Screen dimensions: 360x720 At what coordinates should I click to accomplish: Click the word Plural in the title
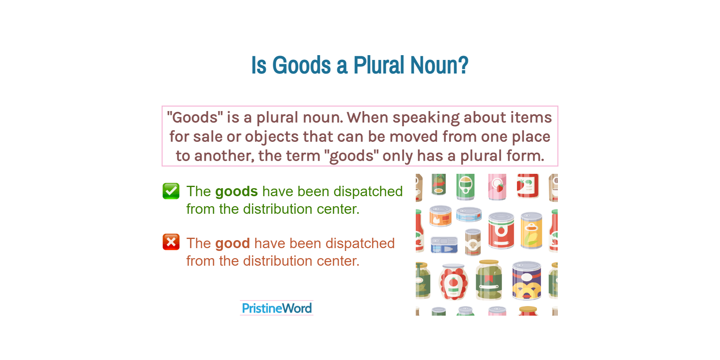(x=379, y=65)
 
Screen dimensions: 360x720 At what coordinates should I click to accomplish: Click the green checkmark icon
(x=171, y=191)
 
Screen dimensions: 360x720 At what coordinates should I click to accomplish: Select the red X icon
(x=171, y=242)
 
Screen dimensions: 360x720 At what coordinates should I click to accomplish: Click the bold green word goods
(x=236, y=191)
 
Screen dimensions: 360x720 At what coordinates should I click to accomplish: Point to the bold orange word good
(x=232, y=243)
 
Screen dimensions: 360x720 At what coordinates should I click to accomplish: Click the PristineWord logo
(x=277, y=308)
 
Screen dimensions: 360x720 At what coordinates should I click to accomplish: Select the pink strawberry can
(x=497, y=187)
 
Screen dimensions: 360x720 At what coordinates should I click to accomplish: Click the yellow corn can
(x=531, y=231)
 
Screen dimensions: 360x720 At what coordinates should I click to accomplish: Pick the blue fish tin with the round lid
(x=469, y=215)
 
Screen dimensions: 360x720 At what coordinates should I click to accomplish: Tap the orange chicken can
(x=441, y=216)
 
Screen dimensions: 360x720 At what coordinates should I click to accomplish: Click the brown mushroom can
(x=473, y=242)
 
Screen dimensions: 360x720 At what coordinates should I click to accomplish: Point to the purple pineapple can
(x=527, y=280)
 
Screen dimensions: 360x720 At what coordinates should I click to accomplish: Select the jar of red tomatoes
(x=453, y=282)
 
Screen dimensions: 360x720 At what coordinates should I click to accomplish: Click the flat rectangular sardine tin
(x=444, y=245)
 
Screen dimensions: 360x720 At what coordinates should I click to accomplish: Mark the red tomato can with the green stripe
(x=501, y=231)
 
